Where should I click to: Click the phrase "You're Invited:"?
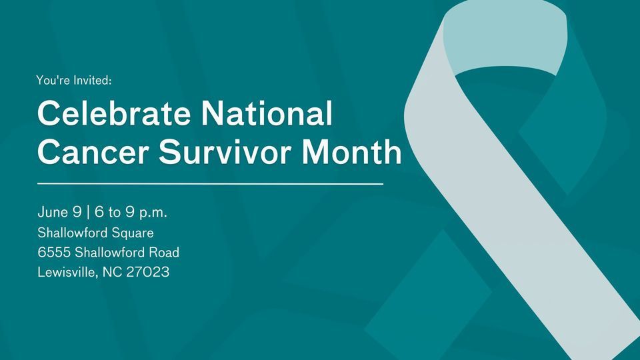coord(74,81)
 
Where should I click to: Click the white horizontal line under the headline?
coord(210,183)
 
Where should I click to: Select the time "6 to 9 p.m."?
coord(131,213)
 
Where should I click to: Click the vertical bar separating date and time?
coord(87,213)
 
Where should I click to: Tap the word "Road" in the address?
coord(164,253)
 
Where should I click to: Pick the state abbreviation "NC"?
coord(112,272)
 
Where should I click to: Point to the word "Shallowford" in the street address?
coord(111,253)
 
